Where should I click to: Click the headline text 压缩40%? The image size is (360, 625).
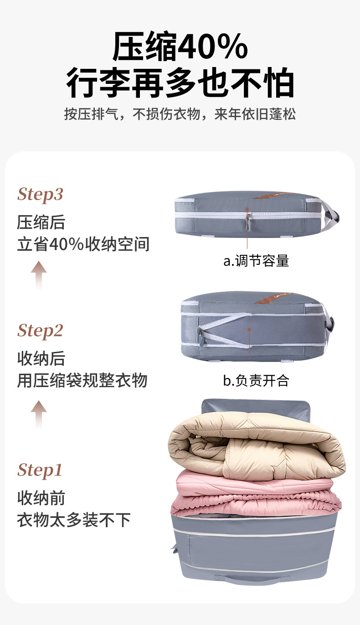[180, 47]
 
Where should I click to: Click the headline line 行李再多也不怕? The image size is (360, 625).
[180, 83]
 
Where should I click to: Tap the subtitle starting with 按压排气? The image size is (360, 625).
[180, 114]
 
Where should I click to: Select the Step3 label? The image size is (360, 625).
[40, 194]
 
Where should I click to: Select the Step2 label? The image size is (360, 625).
[40, 331]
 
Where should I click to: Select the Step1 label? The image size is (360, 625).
[40, 470]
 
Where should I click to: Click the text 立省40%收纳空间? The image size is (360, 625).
[83, 244]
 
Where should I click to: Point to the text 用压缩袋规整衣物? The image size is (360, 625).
[82, 380]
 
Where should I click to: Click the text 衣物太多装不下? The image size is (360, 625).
[74, 519]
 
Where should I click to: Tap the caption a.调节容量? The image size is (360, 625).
[256, 261]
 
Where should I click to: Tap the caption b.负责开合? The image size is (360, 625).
[256, 380]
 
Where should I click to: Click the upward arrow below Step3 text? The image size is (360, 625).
[39, 274]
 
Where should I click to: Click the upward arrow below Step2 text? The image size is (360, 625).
[39, 414]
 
